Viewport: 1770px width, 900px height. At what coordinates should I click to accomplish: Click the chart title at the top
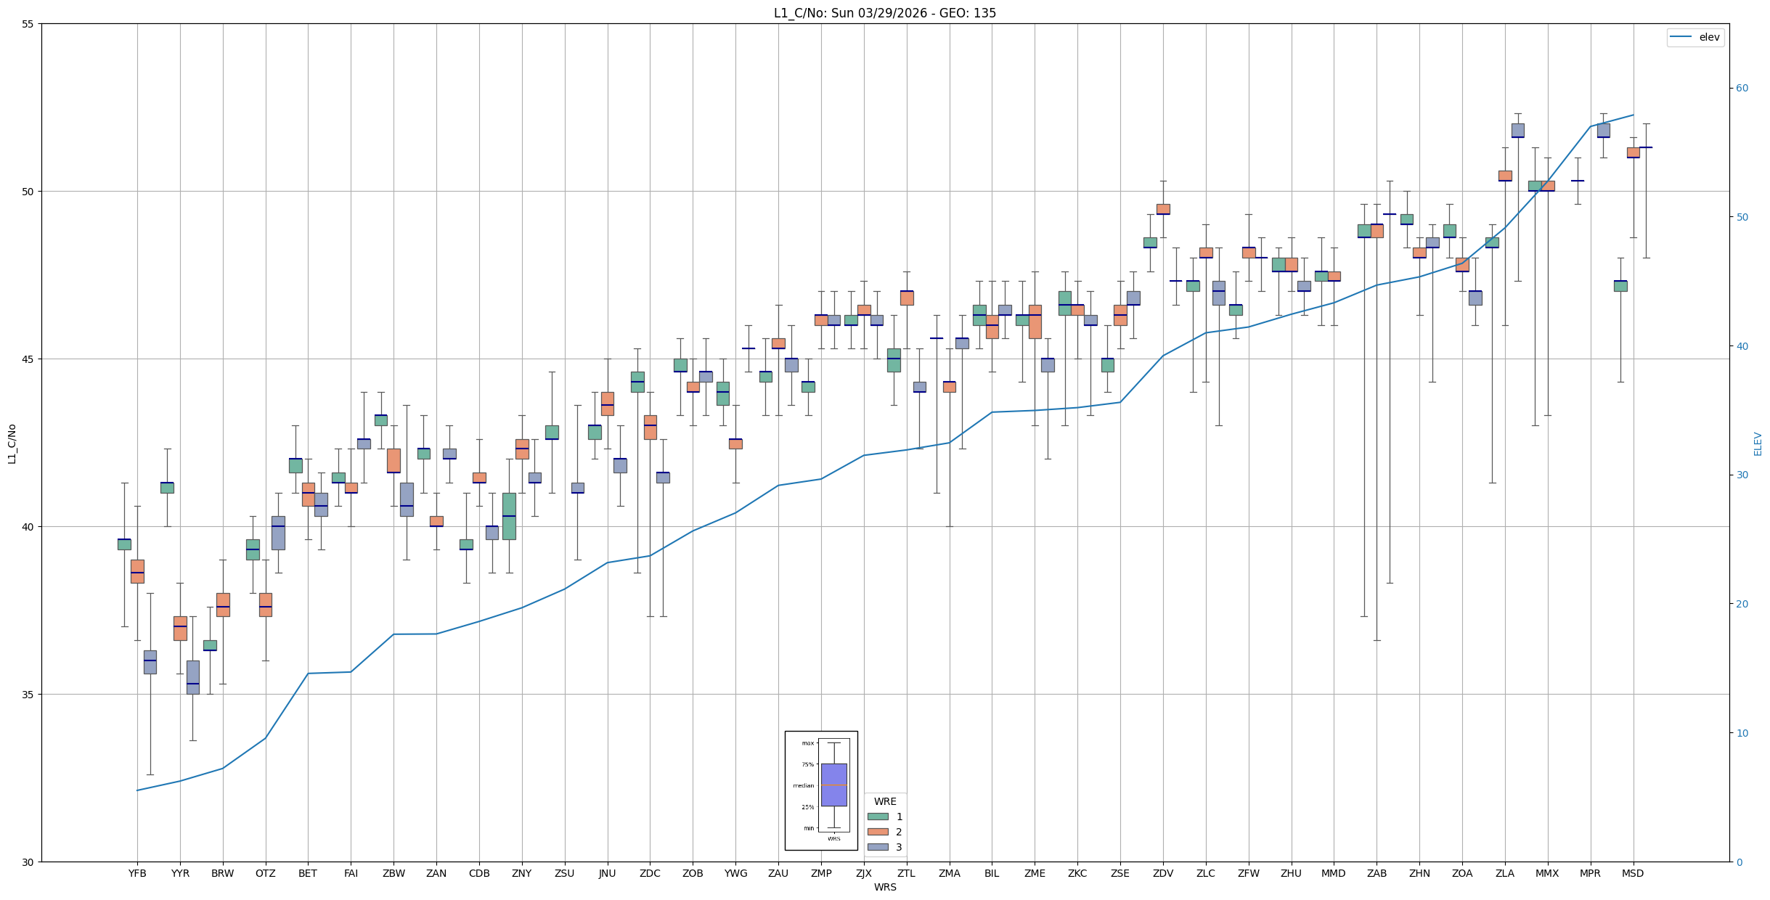(884, 13)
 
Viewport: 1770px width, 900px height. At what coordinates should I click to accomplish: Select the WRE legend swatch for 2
(878, 832)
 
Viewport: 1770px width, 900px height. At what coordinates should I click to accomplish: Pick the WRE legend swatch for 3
(878, 847)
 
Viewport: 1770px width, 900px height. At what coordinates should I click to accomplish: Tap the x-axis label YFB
(137, 873)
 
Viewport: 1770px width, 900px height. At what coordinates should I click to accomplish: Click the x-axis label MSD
(1633, 873)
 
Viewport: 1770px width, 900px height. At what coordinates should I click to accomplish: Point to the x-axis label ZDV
(1163, 873)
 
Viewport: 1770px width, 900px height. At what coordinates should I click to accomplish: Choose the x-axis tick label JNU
(607, 873)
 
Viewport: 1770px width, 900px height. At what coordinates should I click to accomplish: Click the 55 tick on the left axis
(28, 24)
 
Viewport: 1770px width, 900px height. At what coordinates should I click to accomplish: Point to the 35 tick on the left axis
(28, 695)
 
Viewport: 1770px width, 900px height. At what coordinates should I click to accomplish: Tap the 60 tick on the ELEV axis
(1742, 89)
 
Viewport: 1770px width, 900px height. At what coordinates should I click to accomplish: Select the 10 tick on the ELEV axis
(1742, 733)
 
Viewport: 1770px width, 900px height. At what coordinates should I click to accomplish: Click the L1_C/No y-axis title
(12, 443)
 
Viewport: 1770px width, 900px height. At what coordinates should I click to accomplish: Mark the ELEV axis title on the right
(1758, 443)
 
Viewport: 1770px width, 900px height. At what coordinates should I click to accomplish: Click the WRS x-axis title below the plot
(885, 887)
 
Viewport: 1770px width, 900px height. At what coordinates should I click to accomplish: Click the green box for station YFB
(124, 544)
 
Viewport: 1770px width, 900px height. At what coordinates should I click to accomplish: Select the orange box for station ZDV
(1163, 209)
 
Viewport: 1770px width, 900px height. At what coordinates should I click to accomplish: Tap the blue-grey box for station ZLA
(1517, 130)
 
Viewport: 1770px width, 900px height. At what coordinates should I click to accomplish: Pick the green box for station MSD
(1620, 286)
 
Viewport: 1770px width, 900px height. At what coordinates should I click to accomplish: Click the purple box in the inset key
(833, 785)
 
